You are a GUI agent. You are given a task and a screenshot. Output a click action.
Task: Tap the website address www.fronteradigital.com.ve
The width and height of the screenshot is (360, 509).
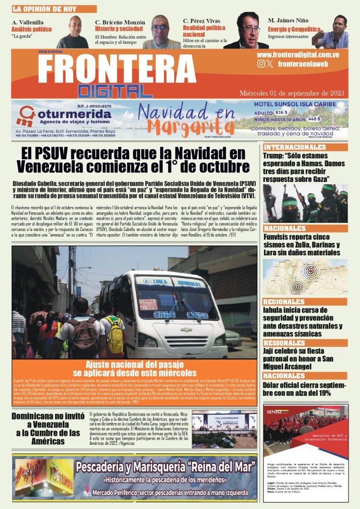pos(304,55)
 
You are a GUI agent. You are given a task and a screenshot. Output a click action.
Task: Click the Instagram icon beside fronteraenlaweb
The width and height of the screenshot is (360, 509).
pos(261,64)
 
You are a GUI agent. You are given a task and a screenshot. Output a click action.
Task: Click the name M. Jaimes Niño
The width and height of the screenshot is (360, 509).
pos(287,21)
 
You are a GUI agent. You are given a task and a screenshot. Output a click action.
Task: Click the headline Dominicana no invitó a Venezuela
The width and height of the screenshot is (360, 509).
pos(45,429)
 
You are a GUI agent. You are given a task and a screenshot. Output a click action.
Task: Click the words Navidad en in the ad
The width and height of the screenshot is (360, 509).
pos(187,113)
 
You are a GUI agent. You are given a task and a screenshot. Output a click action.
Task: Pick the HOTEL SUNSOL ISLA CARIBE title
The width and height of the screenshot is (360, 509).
pos(295,104)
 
